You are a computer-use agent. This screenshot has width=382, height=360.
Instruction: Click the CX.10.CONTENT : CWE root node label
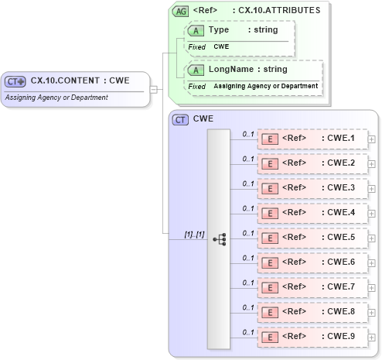[79, 80]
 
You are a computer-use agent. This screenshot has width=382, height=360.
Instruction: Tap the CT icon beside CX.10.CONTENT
[15, 81]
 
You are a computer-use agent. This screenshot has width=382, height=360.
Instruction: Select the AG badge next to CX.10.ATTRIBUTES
[181, 12]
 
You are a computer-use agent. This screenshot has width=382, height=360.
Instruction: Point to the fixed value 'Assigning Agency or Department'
[265, 86]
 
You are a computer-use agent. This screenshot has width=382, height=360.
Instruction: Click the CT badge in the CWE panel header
[181, 119]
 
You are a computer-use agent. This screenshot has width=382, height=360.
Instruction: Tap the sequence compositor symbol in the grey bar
[219, 239]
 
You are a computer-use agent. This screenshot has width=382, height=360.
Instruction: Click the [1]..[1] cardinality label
[194, 234]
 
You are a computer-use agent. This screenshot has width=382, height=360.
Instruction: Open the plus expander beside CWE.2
[372, 164]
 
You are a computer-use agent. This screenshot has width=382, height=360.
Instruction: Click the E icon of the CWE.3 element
[271, 188]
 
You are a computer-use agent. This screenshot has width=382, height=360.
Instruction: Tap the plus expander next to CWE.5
[372, 238]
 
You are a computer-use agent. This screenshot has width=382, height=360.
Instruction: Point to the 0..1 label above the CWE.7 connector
[248, 283]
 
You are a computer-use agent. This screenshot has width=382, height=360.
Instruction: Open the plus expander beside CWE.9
[372, 338]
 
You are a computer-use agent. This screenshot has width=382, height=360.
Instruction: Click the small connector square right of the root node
[153, 88]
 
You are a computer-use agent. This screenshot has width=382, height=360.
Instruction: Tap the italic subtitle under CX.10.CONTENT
[56, 98]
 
